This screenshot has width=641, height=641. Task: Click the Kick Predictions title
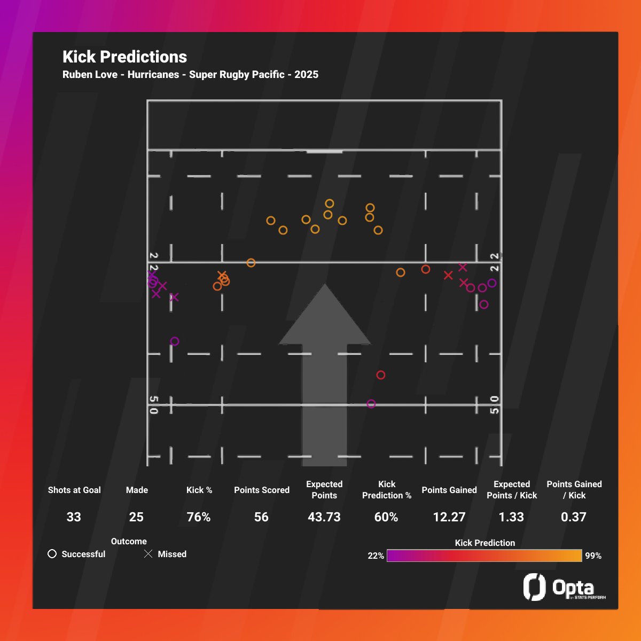[124, 57]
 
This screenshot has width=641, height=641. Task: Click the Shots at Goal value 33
[74, 517]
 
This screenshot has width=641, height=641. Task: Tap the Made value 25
[136, 517]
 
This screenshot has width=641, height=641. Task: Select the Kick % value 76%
[199, 517]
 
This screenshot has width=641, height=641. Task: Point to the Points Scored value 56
[261, 517]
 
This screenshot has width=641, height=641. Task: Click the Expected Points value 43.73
[324, 517]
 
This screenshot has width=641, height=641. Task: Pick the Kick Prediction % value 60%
[386, 517]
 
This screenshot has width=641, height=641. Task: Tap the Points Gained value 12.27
[449, 517]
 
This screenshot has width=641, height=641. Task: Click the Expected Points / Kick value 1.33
[511, 517]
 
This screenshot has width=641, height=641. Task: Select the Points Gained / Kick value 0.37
[574, 517]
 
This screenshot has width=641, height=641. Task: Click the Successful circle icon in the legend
[52, 554]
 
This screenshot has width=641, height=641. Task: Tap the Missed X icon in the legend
[148, 554]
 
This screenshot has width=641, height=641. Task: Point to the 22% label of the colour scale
[376, 556]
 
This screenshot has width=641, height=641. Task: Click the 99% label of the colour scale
[593, 556]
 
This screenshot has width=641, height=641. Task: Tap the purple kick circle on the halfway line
[371, 404]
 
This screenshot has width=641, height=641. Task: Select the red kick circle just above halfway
[381, 375]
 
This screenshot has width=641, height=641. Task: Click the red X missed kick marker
[448, 275]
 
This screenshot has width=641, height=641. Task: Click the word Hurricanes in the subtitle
[153, 75]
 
